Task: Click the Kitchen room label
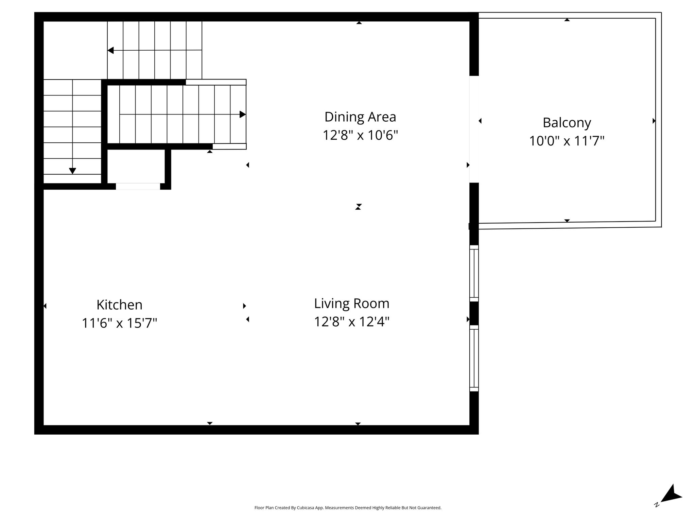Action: tap(119, 305)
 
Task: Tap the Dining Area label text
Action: tap(360, 117)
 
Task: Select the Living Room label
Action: tap(352, 303)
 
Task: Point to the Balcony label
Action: tap(567, 123)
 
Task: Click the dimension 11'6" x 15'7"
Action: tap(119, 323)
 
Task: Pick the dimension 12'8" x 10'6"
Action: tap(360, 135)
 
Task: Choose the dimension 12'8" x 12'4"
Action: tap(352, 321)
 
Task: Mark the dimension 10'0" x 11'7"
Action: tap(567, 141)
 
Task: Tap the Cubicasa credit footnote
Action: tap(348, 508)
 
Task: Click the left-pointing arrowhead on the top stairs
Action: tap(110, 51)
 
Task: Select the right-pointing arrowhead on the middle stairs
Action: tap(243, 115)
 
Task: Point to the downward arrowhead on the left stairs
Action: tap(72, 171)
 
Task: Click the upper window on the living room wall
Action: tap(474, 273)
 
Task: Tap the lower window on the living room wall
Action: tap(474, 358)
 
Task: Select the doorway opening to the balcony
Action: tap(474, 129)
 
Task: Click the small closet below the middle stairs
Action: tap(136, 166)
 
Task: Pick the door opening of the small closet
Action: tap(138, 186)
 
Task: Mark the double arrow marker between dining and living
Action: tap(358, 207)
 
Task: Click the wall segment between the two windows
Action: tap(474, 313)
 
